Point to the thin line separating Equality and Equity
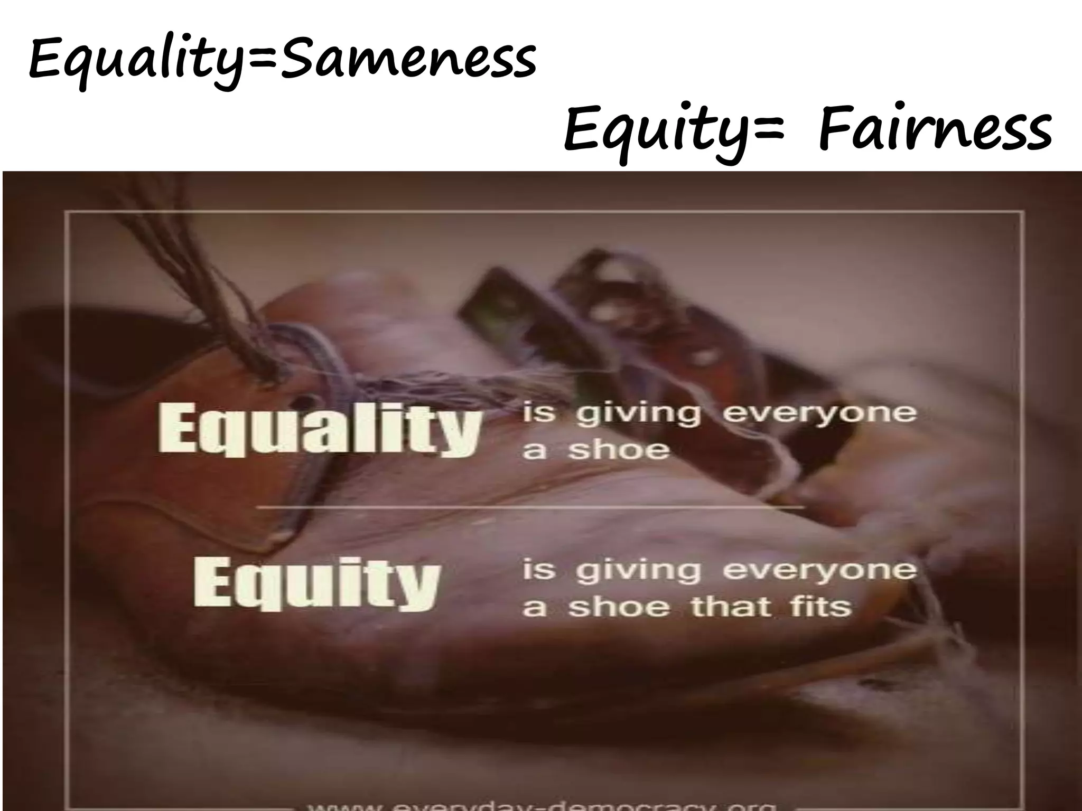[x=528, y=507]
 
